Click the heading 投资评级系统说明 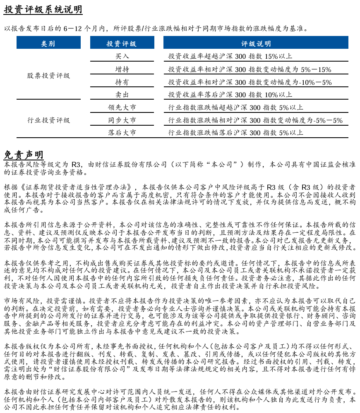point(43,10)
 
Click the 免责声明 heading point(24,155)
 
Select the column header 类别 point(48,43)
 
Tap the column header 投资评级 point(122,43)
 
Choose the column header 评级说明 point(256,43)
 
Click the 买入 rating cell point(122,56)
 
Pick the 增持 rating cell point(122,69)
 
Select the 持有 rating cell point(122,82)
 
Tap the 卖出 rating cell point(122,95)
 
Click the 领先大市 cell point(122,107)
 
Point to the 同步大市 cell point(122,120)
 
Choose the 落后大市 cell point(122,133)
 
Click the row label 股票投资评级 point(48,76)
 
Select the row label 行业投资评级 point(48,120)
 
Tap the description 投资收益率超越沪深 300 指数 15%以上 point(230,56)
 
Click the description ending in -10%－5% point(250,82)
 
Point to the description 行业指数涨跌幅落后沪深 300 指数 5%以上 point(235,133)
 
